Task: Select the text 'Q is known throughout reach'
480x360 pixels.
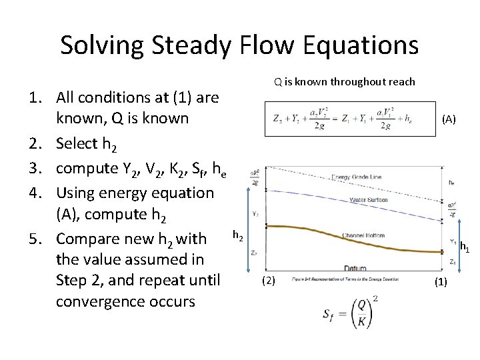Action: [x=344, y=82]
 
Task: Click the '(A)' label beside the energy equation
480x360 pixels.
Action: [x=449, y=119]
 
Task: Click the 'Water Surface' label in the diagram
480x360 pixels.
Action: [x=369, y=200]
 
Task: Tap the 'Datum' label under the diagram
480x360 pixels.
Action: [x=355, y=268]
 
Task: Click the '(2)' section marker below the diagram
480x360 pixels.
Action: [x=268, y=280]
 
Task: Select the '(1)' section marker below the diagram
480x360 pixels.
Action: [x=441, y=281]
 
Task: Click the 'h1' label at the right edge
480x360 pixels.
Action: [x=465, y=247]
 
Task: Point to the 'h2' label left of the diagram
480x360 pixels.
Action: [x=237, y=235]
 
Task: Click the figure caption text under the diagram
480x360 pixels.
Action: [x=345, y=279]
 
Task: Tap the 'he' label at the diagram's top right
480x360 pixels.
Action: [x=451, y=181]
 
